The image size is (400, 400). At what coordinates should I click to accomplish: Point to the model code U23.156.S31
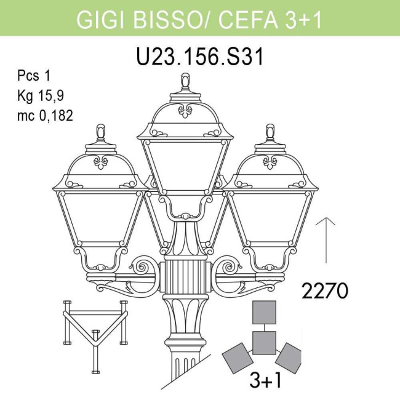[199, 57]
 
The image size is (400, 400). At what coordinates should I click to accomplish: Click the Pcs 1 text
[34, 76]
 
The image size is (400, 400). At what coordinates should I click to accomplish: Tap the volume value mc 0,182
[46, 114]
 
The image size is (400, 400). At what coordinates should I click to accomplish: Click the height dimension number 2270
[325, 290]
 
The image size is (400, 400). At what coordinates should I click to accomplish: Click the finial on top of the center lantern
[185, 82]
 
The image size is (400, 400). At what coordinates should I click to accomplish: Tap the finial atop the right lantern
[270, 133]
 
